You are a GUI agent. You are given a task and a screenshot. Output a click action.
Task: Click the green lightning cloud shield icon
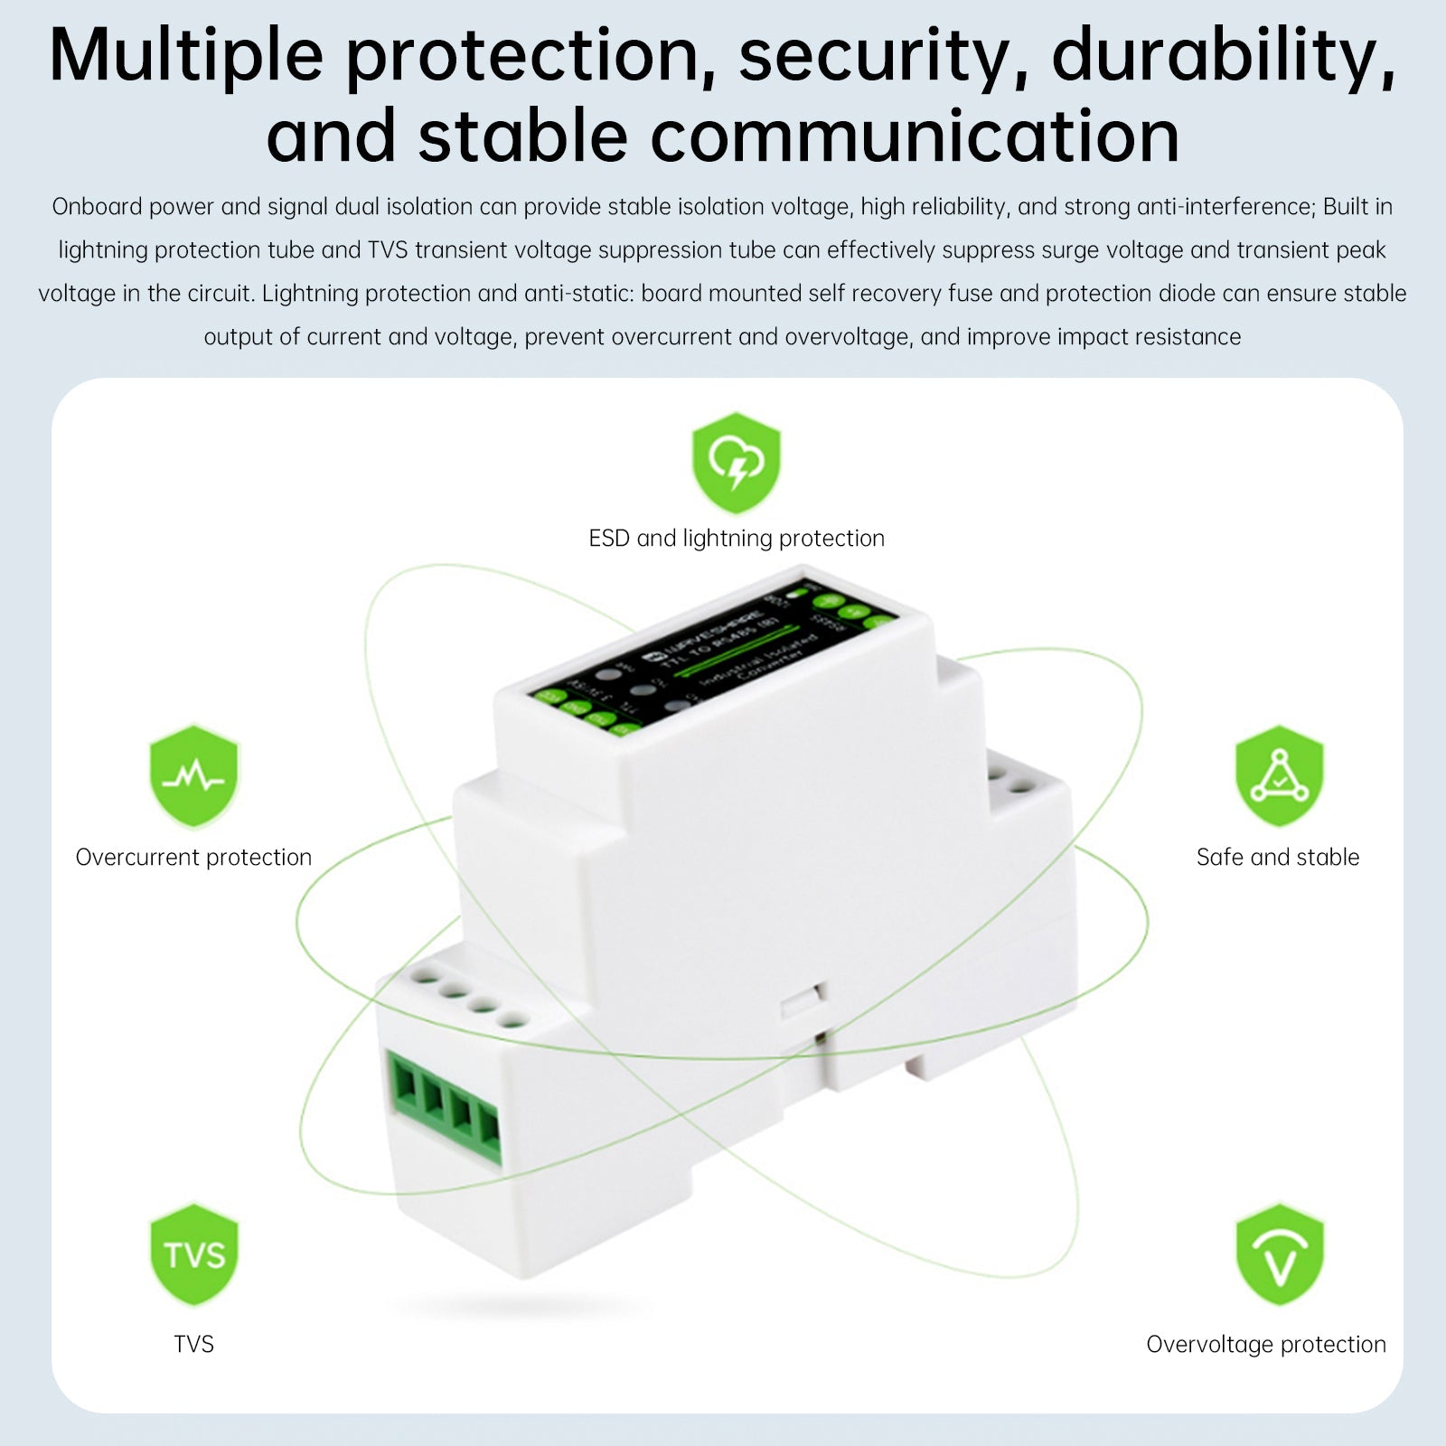pyautogui.click(x=736, y=463)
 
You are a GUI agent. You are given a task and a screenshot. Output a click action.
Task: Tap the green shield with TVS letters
pyautogui.click(x=193, y=1254)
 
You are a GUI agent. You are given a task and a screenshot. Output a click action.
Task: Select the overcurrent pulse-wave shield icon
pyautogui.click(x=193, y=776)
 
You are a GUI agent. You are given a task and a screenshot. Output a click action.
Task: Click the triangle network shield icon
pyautogui.click(x=1279, y=776)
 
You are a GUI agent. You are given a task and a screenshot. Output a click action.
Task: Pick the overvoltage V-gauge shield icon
pyautogui.click(x=1279, y=1254)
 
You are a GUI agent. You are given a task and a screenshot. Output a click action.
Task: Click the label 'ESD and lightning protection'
pyautogui.click(x=736, y=539)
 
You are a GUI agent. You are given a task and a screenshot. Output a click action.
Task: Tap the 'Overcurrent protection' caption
pyautogui.click(x=193, y=857)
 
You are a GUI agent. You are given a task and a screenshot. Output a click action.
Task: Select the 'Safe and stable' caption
pyautogui.click(x=1277, y=857)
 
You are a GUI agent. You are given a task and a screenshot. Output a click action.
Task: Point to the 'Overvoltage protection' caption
pyautogui.click(x=1265, y=1344)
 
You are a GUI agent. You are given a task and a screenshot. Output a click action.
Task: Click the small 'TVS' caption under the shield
pyautogui.click(x=193, y=1344)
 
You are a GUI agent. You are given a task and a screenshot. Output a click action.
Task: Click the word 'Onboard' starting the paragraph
pyautogui.click(x=98, y=207)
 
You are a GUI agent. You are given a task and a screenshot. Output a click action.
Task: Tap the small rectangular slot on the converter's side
pyautogui.click(x=801, y=1001)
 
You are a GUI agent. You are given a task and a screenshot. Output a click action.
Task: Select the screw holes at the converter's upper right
pyautogui.click(x=1010, y=780)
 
